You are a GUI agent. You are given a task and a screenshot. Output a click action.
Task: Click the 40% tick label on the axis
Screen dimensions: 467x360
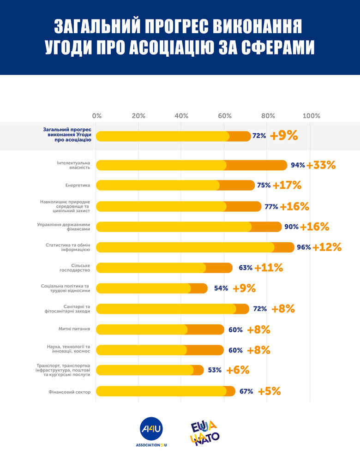tap(181, 115)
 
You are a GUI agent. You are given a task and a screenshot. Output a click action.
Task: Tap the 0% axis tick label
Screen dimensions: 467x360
tap(97, 115)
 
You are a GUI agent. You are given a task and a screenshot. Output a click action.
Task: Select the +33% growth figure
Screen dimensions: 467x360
tap(321, 165)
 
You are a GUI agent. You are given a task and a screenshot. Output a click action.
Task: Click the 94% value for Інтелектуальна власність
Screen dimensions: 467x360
tap(298, 165)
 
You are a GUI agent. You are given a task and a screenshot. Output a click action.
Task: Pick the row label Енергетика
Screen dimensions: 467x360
tap(78, 186)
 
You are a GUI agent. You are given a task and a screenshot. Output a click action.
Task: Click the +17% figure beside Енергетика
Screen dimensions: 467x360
tap(287, 186)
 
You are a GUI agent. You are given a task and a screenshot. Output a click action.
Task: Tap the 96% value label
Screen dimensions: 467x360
tap(304, 247)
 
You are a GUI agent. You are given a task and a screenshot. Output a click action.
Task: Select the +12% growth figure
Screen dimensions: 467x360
tap(327, 247)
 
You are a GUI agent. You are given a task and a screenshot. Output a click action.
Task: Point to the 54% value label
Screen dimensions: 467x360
tap(221, 288)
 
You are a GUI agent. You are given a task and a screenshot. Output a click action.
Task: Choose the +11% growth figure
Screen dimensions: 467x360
tap(269, 268)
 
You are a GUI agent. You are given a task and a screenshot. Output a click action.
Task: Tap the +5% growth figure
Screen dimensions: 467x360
tap(270, 392)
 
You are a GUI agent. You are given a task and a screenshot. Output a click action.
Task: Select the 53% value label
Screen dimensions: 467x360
tap(215, 370)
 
